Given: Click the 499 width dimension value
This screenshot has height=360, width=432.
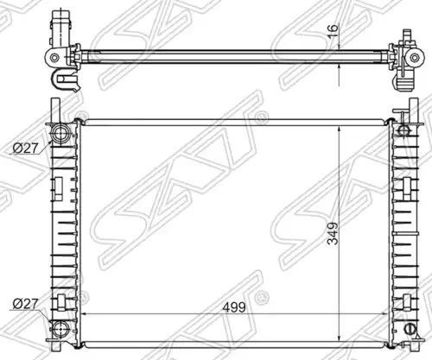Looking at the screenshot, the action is (x=234, y=307).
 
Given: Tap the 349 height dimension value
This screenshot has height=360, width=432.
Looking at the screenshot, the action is (x=333, y=233).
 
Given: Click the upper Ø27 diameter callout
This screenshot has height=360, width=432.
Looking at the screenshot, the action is (x=25, y=148).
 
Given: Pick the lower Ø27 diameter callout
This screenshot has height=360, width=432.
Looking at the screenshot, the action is (x=25, y=304).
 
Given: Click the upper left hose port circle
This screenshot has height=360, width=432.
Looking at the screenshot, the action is (x=60, y=133).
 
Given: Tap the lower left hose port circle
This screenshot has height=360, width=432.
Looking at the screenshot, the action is (x=60, y=328).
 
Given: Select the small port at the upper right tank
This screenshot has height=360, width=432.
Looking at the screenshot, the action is (x=403, y=131).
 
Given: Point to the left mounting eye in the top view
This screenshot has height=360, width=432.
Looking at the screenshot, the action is (x=54, y=58).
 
